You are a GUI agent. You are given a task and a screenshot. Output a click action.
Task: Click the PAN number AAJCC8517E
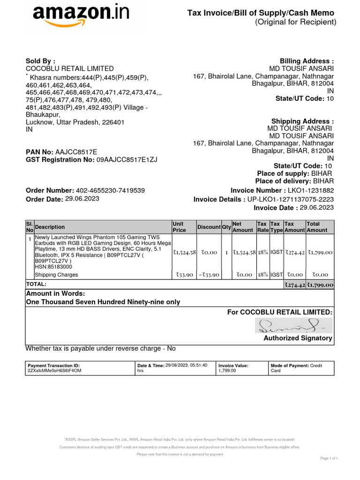pos(76,152)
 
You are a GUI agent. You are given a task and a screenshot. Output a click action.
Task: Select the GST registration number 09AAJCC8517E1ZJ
pos(127,159)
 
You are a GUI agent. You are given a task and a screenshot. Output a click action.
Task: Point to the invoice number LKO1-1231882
pos(311,190)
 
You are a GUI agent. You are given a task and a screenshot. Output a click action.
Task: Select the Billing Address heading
pos(307,61)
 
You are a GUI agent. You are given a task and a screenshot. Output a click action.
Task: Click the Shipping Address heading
pos(303,121)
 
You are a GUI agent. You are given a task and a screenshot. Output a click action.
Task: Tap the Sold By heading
pos(40,61)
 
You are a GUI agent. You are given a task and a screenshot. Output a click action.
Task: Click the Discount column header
pos(209,227)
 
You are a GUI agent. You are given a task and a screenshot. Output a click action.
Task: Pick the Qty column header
pos(226,227)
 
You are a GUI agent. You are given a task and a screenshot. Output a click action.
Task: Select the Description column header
pos(50,227)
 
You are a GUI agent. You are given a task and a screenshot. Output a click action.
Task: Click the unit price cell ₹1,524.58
pos(184,252)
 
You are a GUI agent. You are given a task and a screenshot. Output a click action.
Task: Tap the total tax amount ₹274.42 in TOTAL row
pos(294,285)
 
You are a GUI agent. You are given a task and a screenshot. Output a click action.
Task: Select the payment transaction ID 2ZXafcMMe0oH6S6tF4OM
pos(55,371)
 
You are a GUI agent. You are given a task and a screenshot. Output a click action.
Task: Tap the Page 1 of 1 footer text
pos(329,457)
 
